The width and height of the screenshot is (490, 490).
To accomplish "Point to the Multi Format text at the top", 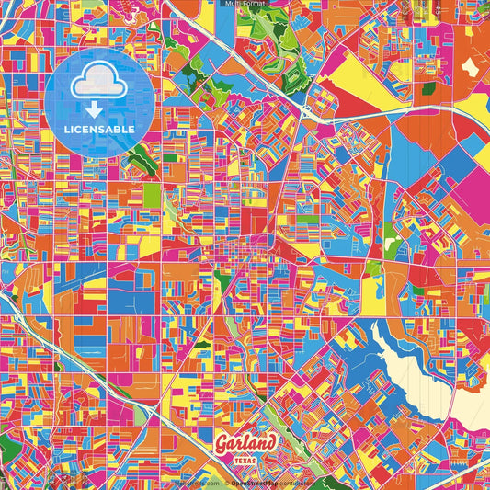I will [244, 4].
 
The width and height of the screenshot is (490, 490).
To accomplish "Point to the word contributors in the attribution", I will [296, 483].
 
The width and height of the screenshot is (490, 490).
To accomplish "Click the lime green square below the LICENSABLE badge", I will [152, 194].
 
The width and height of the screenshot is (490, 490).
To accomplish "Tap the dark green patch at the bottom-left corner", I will [6, 450].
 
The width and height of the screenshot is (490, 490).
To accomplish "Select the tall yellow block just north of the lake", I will [371, 294].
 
